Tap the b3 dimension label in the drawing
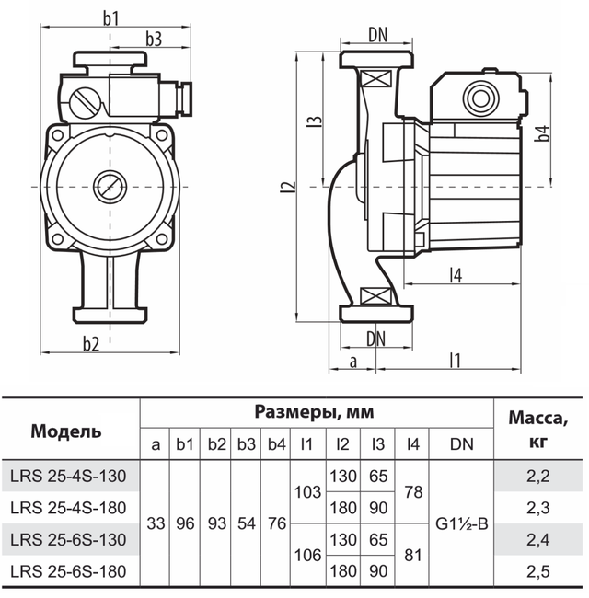tap(153, 40)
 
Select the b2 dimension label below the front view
tap(90, 345)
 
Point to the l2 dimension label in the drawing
tap(290, 188)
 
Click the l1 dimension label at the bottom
tap(455, 360)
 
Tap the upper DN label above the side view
tap(377, 35)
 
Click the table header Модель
tap(66, 431)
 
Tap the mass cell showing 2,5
tap(540, 572)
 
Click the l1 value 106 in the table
tap(307, 556)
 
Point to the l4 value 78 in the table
tap(413, 491)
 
